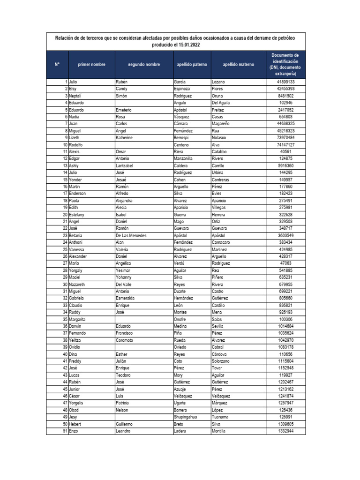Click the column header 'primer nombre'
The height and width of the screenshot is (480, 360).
tap(91, 64)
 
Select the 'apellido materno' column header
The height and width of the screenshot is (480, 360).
tap(239, 64)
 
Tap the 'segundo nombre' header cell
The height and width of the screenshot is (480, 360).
tap(144, 64)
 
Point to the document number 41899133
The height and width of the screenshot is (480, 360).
tap(285, 82)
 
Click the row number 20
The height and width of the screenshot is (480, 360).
tap(65, 215)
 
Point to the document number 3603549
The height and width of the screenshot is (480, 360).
tap(285, 235)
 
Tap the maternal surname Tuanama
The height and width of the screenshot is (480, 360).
tap(221, 417)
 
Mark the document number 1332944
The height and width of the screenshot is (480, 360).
tap(285, 431)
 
